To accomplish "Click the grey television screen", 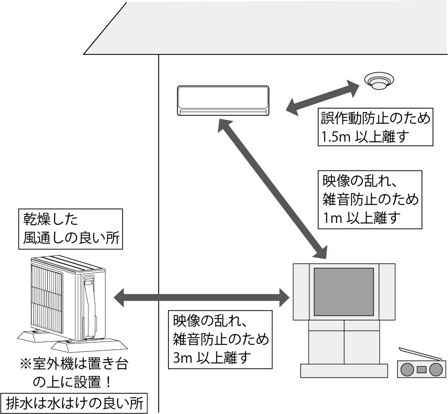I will point(343,291).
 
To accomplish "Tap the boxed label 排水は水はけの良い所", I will point(75,403).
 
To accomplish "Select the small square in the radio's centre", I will point(421,369).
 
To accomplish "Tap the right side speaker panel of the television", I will point(387,291).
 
